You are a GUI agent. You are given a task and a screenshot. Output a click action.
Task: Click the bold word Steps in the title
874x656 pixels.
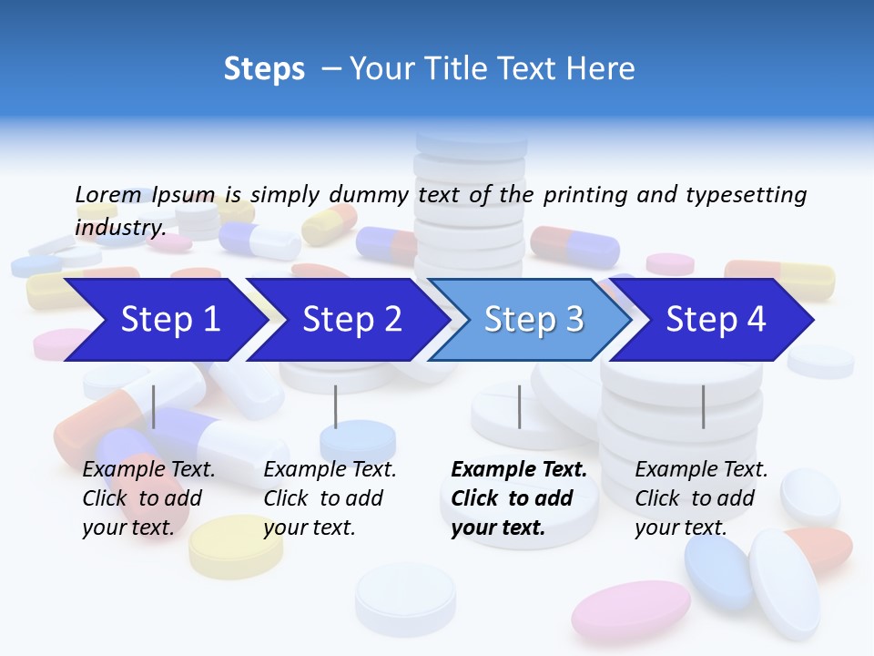[264, 68]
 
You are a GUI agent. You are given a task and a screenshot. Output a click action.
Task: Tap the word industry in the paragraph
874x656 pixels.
[119, 228]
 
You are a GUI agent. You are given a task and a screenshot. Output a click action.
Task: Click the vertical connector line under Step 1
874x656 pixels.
[153, 406]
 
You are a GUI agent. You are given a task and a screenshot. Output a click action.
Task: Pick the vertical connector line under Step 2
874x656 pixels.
[335, 406]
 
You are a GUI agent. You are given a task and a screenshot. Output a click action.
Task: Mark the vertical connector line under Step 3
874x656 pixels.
[519, 406]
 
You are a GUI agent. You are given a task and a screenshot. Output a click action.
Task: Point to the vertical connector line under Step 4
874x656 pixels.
[703, 406]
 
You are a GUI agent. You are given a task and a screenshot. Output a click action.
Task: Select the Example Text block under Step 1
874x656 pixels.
[148, 498]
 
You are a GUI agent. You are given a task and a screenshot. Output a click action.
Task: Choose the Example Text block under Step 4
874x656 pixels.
[701, 498]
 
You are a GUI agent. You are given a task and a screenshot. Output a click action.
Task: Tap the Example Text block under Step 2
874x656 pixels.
[330, 498]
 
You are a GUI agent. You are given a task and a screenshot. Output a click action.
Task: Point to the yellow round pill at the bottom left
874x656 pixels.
[236, 545]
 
